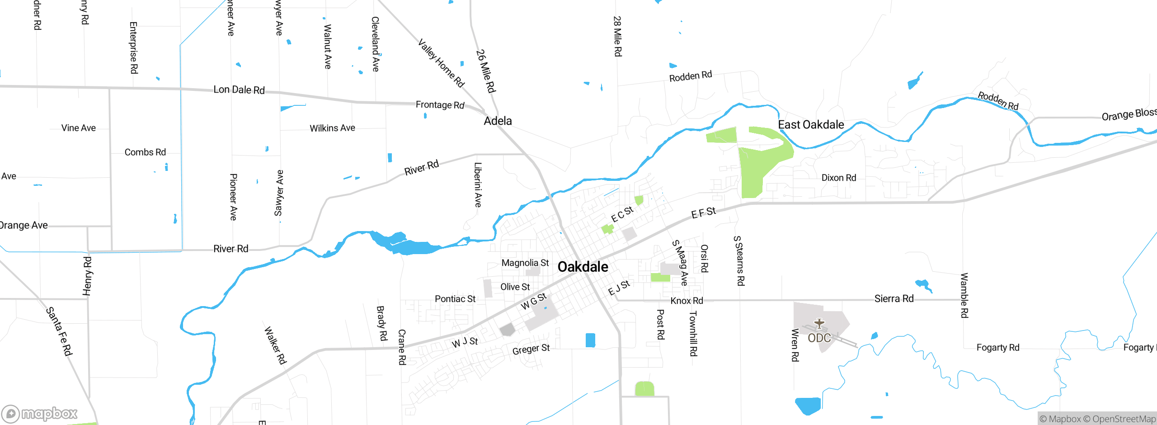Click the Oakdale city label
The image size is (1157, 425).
tap(583, 267)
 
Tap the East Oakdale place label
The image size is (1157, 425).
tap(811, 125)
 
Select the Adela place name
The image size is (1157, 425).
tap(498, 121)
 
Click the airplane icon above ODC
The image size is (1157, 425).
tap(819, 324)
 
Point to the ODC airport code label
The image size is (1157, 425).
tap(819, 338)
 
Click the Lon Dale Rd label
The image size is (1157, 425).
tap(239, 90)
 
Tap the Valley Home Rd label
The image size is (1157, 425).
tap(441, 63)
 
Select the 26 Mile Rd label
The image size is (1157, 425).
tap(486, 71)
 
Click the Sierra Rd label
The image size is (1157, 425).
tap(894, 299)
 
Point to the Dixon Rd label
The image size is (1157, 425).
tap(838, 178)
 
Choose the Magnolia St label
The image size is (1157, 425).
tap(525, 263)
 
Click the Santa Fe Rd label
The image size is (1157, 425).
tap(59, 331)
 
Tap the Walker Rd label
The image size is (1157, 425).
tap(275, 345)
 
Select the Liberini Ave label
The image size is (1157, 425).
tap(478, 184)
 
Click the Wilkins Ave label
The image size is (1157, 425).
tap(332, 128)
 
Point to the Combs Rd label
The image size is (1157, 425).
tap(145, 152)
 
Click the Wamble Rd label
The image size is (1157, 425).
tap(964, 295)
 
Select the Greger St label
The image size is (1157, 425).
tap(531, 349)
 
